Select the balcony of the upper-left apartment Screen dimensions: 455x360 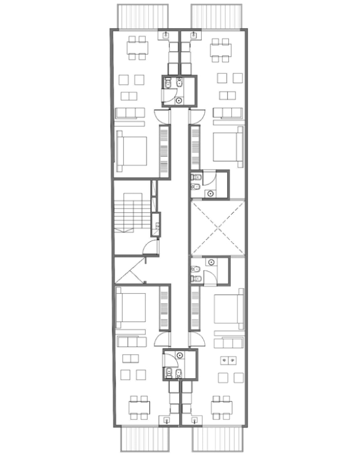(x=143, y=15)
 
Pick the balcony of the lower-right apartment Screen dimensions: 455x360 (x=217, y=439)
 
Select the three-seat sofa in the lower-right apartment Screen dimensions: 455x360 (x=228, y=341)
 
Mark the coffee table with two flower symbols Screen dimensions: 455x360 (x=230, y=358)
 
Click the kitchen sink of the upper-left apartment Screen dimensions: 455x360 (x=168, y=36)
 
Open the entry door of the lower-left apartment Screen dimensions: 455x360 (x=161, y=339)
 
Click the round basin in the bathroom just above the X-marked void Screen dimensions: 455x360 (x=212, y=192)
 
